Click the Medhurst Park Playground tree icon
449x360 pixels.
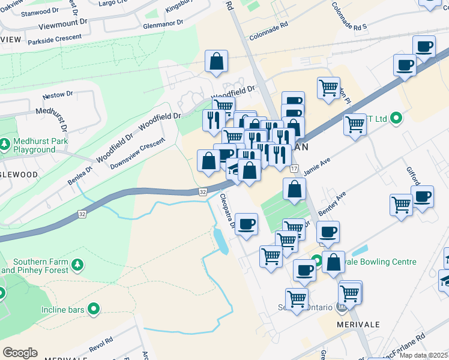(x=4, y=145)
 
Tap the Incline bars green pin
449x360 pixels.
(x=93, y=310)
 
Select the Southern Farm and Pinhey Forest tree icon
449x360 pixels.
(x=76, y=265)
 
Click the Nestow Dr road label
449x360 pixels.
(x=58, y=95)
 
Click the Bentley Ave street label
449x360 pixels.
(x=333, y=205)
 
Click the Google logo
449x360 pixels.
(x=20, y=353)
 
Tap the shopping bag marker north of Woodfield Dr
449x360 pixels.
(x=216, y=62)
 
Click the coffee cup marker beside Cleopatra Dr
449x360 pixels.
(x=246, y=225)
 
